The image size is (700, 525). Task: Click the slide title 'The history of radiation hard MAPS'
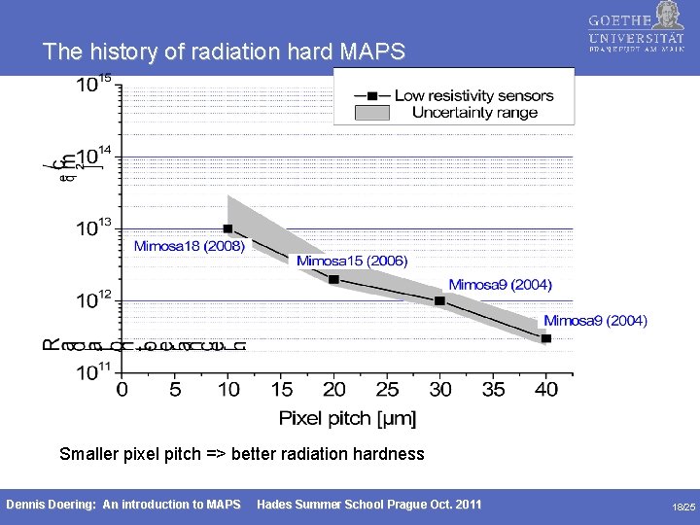pyautogui.click(x=224, y=52)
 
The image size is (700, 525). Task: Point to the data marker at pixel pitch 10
pyautogui.click(x=227, y=229)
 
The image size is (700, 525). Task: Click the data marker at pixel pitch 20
pyautogui.click(x=333, y=279)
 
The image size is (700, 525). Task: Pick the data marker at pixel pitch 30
pyautogui.click(x=439, y=301)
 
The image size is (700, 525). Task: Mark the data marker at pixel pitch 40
pyautogui.click(x=545, y=338)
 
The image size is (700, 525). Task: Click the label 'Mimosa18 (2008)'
pyautogui.click(x=189, y=246)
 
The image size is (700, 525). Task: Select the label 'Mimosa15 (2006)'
pyautogui.click(x=352, y=261)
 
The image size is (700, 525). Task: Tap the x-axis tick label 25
pyautogui.click(x=387, y=390)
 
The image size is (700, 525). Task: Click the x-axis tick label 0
pyautogui.click(x=122, y=390)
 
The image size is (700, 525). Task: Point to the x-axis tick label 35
pyautogui.click(x=493, y=390)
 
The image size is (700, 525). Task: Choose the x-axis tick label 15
pyautogui.click(x=281, y=390)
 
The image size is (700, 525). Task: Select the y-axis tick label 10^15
pyautogui.click(x=93, y=85)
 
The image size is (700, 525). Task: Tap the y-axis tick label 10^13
pyautogui.click(x=93, y=227)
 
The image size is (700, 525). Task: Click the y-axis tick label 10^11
pyautogui.click(x=93, y=370)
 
